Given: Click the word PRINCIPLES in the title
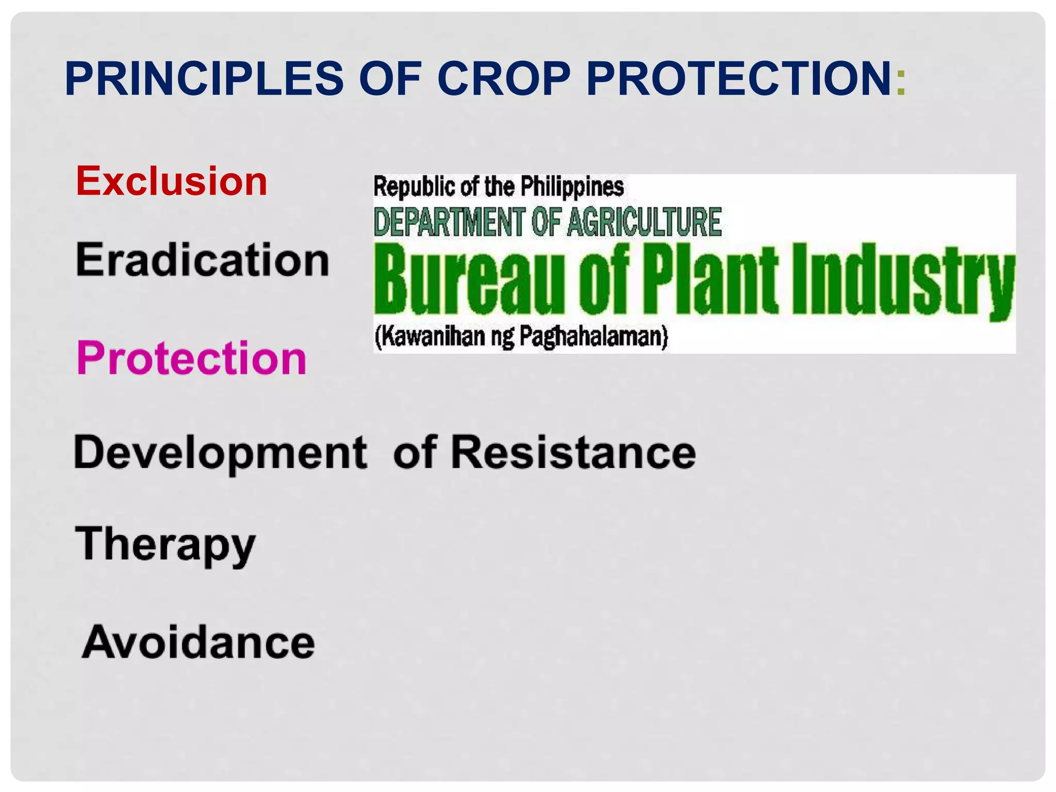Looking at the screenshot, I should pos(204,79).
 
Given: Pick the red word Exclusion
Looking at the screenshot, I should pos(172,181).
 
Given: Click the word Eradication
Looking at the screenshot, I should pos(203,260).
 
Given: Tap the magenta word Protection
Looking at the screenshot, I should pos(192,358).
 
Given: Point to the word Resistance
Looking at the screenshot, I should pos(573,453).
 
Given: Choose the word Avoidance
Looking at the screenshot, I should pos(199,642).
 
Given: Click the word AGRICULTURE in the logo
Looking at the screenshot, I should pos(644,222).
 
